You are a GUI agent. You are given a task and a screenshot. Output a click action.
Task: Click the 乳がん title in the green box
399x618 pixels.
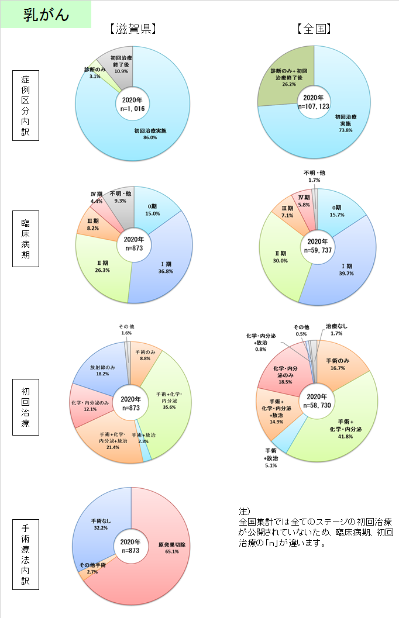click(46, 15)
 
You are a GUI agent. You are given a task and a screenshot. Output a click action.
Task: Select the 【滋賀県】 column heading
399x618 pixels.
click(133, 29)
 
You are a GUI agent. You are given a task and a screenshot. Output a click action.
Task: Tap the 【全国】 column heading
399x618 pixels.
click(314, 29)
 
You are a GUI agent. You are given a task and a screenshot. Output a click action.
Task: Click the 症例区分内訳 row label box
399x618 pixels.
click(26, 105)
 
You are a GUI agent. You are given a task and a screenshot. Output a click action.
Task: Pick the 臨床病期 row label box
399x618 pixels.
click(26, 239)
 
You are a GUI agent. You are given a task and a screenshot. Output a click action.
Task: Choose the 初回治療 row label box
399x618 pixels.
click(26, 407)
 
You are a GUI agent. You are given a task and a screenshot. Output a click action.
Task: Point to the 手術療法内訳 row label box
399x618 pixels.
click(26, 554)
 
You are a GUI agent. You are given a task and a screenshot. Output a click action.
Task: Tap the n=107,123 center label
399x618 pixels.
click(314, 106)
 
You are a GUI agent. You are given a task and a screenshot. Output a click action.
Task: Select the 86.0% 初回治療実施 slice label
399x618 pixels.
click(150, 134)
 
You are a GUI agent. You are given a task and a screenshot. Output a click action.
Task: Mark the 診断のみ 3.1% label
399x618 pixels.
click(95, 73)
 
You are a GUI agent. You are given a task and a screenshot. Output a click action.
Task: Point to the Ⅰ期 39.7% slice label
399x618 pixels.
click(346, 270)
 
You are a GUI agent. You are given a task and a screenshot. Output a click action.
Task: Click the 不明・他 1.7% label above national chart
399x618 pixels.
click(314, 177)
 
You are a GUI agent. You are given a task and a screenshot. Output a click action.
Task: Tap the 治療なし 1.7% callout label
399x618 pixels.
click(337, 330)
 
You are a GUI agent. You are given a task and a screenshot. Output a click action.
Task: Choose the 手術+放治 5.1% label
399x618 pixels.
click(271, 458)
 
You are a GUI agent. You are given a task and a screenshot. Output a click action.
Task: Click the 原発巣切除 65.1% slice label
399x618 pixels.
click(172, 548)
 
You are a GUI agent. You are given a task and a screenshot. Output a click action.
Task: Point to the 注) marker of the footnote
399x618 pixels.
click(245, 512)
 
